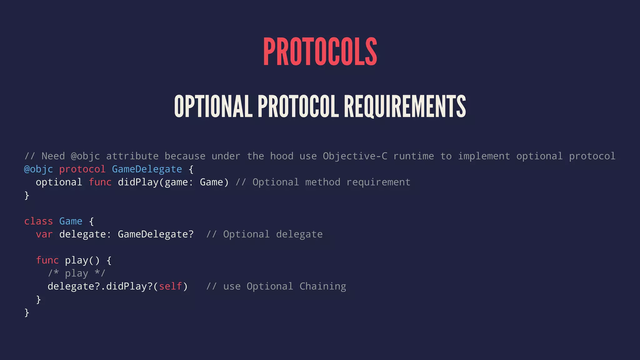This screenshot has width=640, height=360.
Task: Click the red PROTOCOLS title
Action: click(x=320, y=52)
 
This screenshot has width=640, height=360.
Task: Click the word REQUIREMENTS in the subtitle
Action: click(x=405, y=107)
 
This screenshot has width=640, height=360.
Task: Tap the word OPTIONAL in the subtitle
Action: click(x=213, y=107)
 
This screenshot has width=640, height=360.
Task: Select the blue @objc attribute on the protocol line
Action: click(x=38, y=169)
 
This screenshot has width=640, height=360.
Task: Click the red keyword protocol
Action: click(x=82, y=169)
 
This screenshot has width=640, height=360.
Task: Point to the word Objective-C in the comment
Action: click(x=355, y=156)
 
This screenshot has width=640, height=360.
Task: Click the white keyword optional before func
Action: click(x=59, y=182)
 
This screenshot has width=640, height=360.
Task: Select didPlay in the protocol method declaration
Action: click(x=138, y=182)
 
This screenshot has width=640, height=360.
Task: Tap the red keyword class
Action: click(x=38, y=221)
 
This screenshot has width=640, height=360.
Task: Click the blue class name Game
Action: click(x=71, y=221)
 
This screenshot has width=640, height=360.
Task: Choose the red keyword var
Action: click(x=44, y=234)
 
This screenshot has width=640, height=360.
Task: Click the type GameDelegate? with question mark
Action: click(x=156, y=234)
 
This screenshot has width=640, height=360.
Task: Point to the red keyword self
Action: click(x=170, y=286)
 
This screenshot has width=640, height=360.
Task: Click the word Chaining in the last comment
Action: click(x=322, y=286)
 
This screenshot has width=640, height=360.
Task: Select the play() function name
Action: click(x=82, y=260)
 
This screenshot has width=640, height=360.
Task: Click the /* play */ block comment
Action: click(x=77, y=273)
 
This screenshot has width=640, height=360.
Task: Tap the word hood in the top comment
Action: click(x=282, y=156)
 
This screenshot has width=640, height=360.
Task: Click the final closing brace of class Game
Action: click(x=27, y=312)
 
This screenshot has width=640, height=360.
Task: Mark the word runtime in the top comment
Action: click(x=413, y=156)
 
